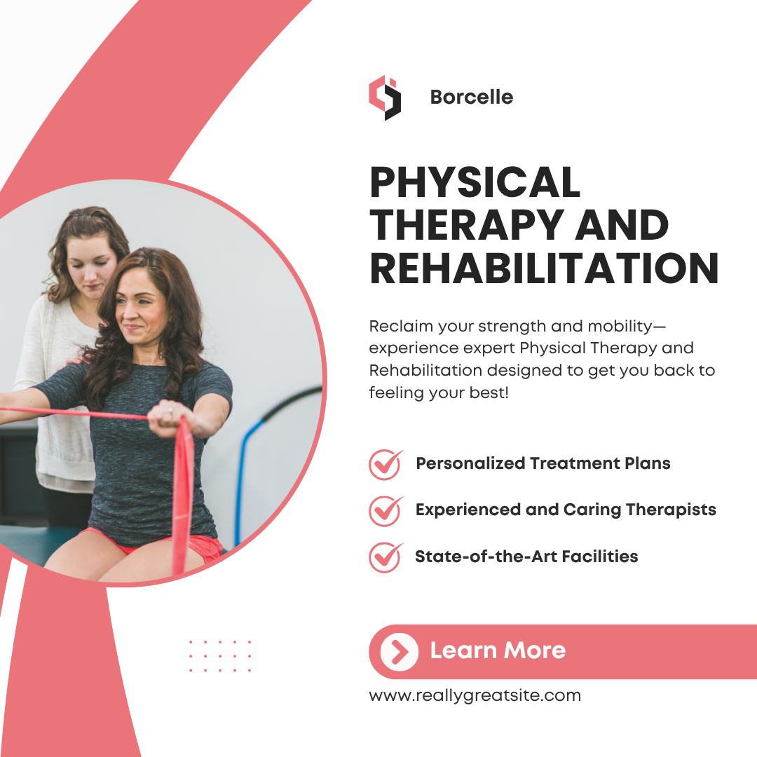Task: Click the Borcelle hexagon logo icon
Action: tap(385, 97)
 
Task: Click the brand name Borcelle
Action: tap(471, 97)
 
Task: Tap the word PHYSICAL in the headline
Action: tap(475, 182)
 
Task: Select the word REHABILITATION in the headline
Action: tap(544, 268)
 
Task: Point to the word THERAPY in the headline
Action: tap(467, 225)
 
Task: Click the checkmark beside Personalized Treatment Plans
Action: tap(386, 464)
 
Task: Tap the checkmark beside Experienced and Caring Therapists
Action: tap(386, 510)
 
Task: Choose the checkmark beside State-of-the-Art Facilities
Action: tap(386, 557)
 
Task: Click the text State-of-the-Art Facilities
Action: tap(526, 556)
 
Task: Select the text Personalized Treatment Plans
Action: tap(543, 463)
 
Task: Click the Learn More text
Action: tap(498, 650)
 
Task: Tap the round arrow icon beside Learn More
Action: tap(400, 652)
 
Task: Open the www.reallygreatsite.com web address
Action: tap(475, 696)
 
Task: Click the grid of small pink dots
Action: tap(220, 655)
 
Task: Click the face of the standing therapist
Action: tap(90, 262)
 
